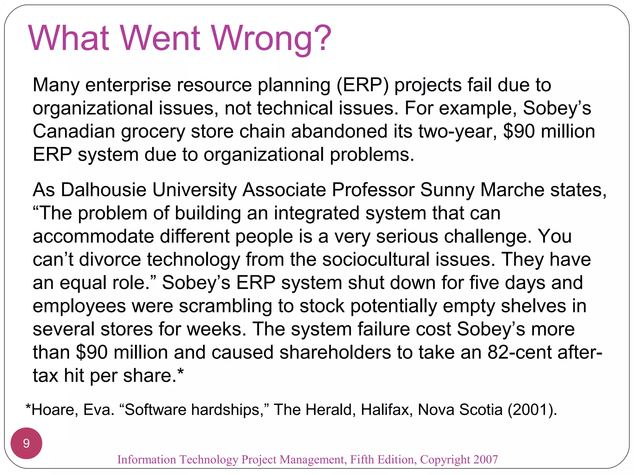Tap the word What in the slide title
(68, 39)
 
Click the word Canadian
(74, 131)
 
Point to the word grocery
(153, 132)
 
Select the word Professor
(373, 190)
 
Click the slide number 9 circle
(26, 443)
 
